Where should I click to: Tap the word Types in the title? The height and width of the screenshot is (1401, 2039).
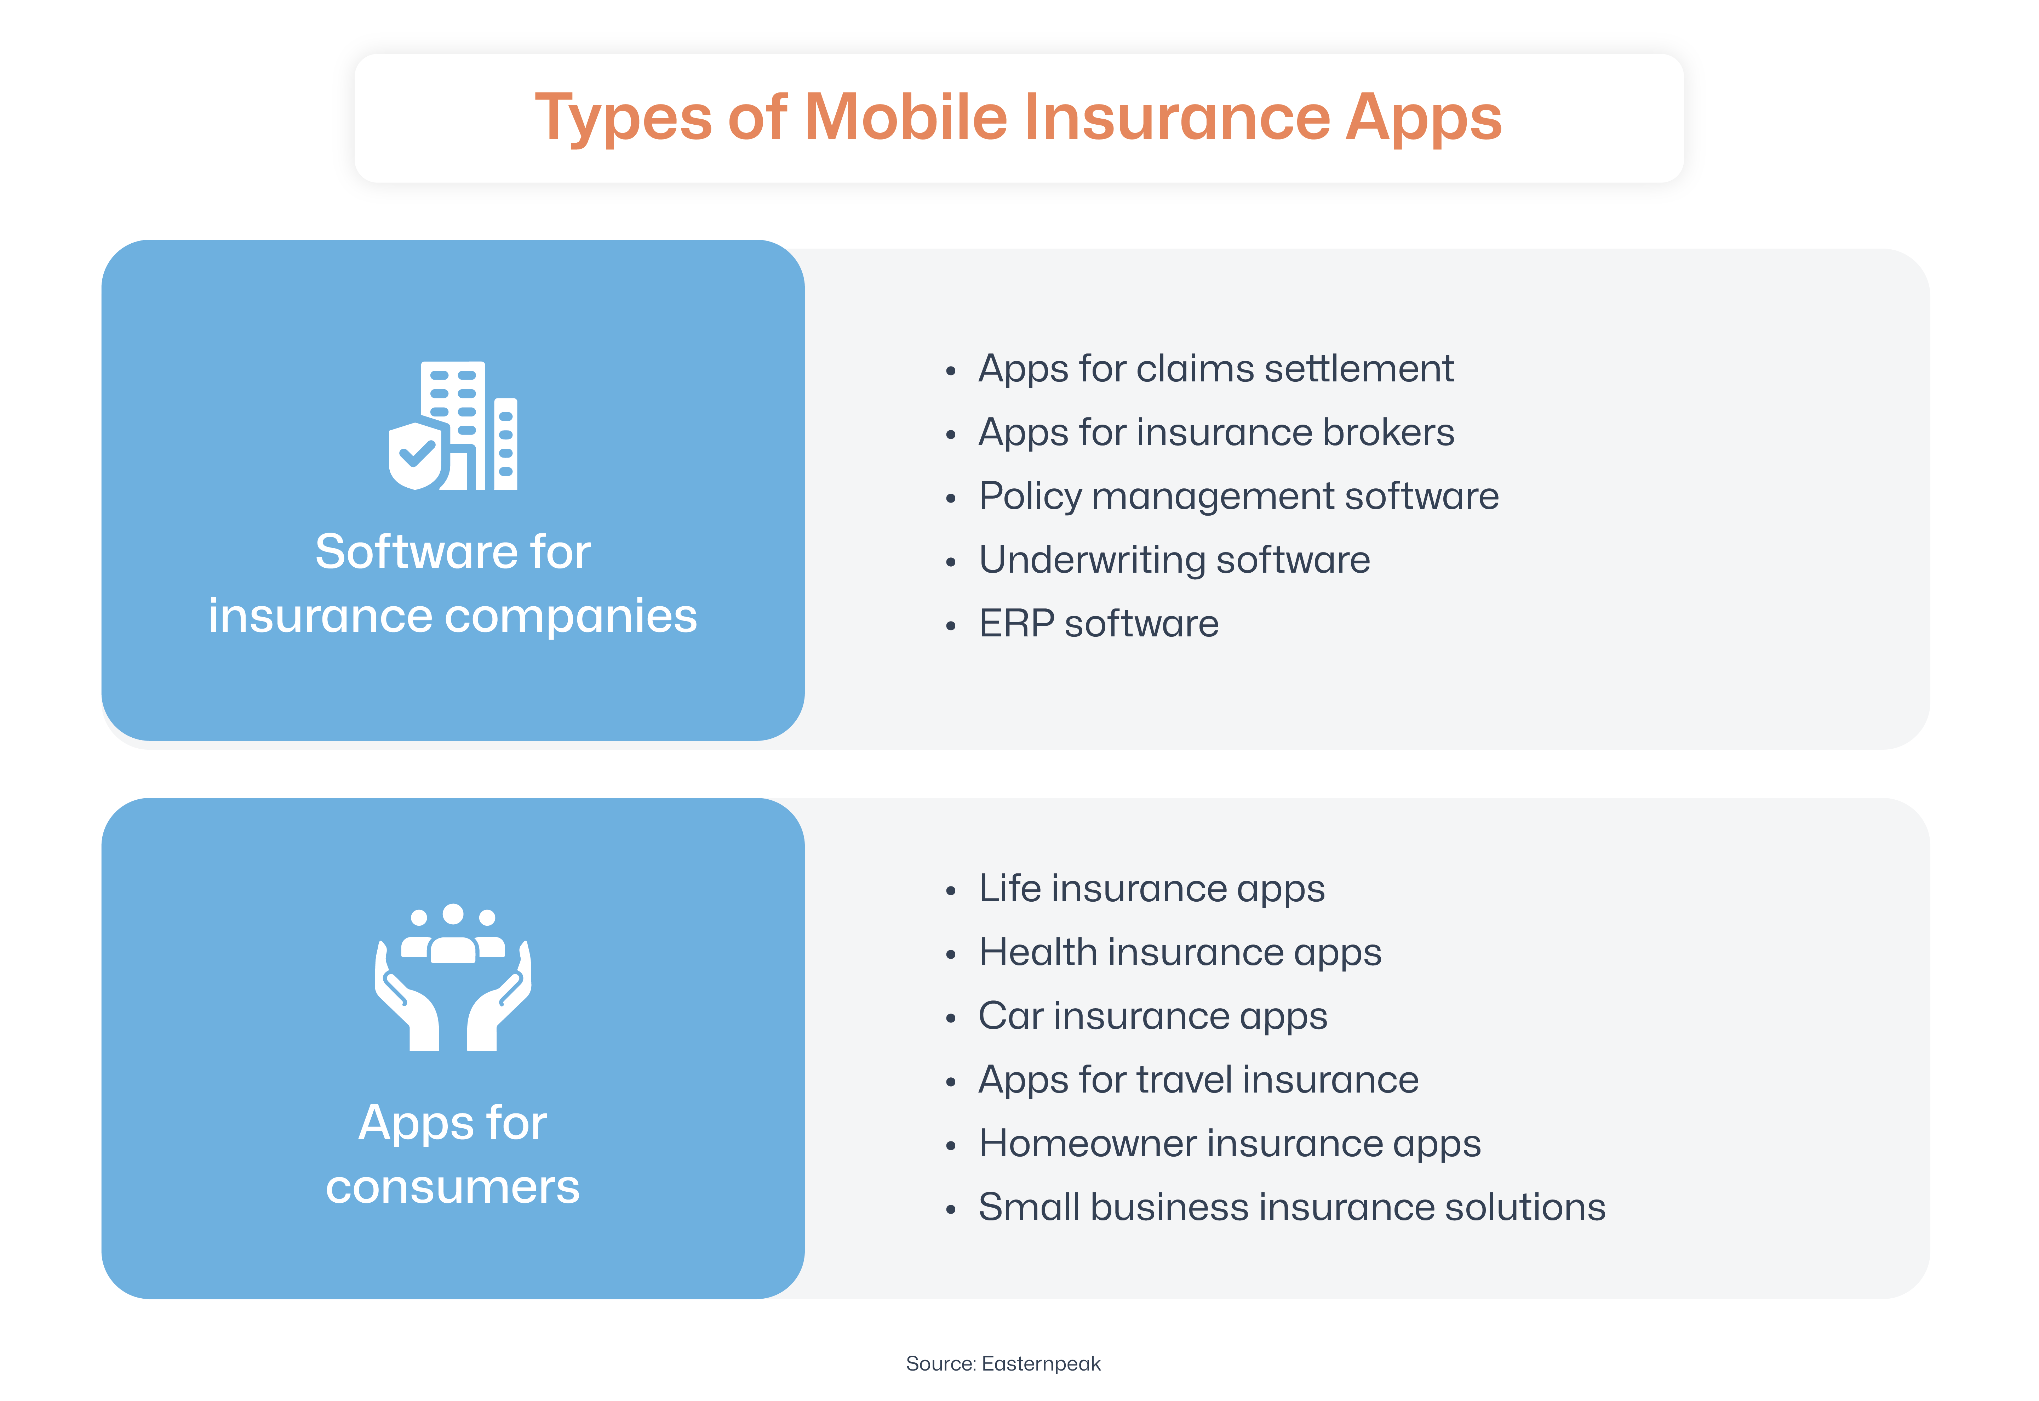[623, 119]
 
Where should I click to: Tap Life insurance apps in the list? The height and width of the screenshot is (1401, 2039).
[1151, 888]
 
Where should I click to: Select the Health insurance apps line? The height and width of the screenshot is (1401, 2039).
[1180, 952]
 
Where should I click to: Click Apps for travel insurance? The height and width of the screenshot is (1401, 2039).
[1198, 1080]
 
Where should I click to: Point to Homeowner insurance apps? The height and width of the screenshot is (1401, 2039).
[1229, 1144]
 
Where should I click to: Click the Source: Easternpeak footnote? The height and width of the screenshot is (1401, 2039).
[1003, 1363]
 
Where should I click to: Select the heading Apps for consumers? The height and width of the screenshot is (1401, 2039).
[453, 1154]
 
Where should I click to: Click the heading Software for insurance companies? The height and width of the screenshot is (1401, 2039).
[453, 584]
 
